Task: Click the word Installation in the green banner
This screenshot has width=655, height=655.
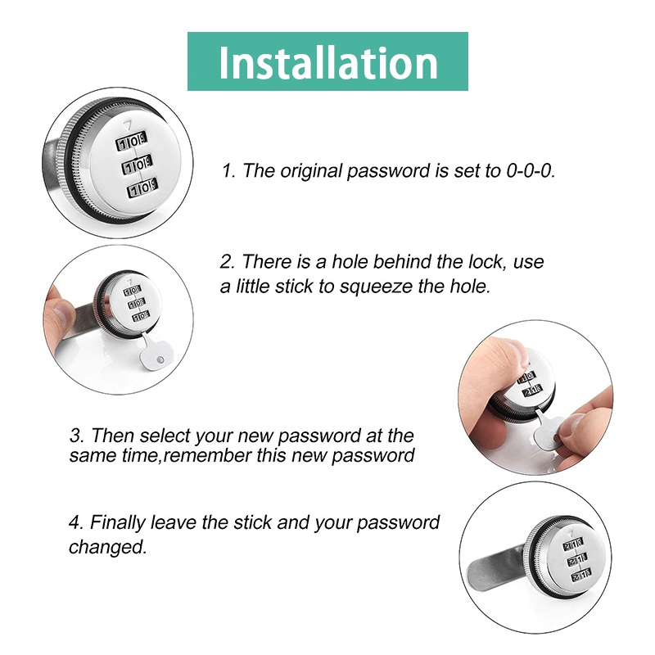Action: [x=328, y=63]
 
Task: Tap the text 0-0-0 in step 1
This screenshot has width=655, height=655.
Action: [x=531, y=171]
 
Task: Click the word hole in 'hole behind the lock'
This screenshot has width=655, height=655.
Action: [x=350, y=262]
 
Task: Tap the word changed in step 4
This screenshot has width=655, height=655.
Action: [x=108, y=547]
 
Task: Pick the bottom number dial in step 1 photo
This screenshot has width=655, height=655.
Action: [x=142, y=188]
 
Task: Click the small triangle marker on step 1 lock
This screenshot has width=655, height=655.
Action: [x=128, y=124]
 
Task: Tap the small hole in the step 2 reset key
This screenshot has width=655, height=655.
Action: [x=160, y=359]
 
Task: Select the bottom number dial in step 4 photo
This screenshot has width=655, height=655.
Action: [x=581, y=575]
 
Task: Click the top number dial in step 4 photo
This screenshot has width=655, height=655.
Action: [x=572, y=544]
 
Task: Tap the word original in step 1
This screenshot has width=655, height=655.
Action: [x=312, y=171]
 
